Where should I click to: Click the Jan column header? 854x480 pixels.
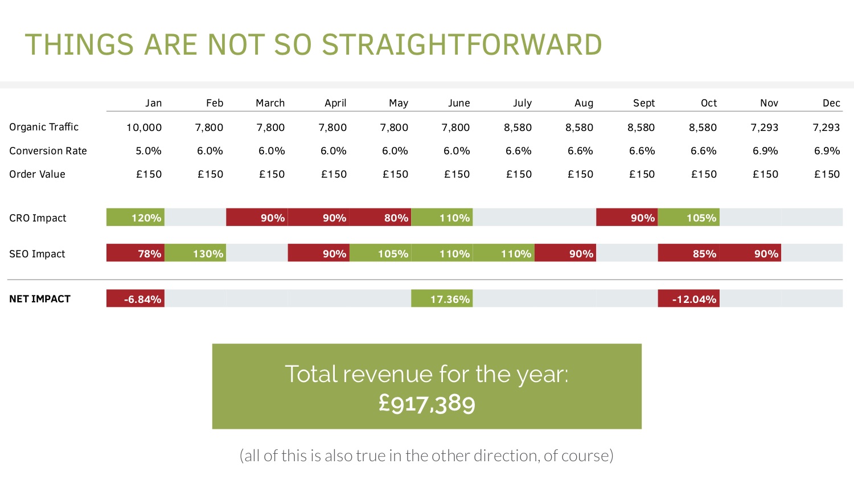[153, 103]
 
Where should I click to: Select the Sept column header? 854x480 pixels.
[644, 103]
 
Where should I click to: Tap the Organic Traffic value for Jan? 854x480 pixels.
[144, 128]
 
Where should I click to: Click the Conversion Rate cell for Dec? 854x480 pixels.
[827, 151]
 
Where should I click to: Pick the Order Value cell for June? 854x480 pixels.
[457, 174]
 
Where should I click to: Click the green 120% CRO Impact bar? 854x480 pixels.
[136, 218]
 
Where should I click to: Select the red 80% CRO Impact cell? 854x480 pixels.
[380, 218]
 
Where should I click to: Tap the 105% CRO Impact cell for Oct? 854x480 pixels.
[689, 218]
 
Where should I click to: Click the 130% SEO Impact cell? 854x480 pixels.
[195, 253]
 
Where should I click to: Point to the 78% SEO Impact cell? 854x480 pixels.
[136, 253]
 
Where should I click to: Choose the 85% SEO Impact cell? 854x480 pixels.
[689, 253]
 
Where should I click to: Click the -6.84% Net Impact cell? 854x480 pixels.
[136, 299]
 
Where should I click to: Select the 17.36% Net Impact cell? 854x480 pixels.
[442, 299]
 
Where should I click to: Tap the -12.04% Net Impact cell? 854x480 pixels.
[689, 299]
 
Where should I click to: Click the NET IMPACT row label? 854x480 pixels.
[40, 299]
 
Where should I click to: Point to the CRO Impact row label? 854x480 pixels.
[38, 218]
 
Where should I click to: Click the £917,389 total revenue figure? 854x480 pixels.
[427, 404]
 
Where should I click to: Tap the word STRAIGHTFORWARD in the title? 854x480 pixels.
[462, 45]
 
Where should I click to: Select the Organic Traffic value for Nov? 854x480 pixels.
[764, 128]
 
